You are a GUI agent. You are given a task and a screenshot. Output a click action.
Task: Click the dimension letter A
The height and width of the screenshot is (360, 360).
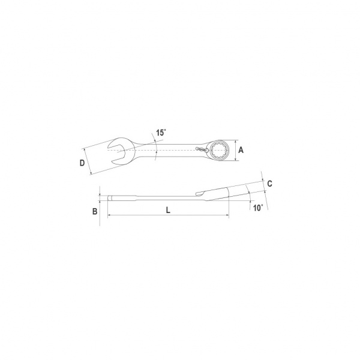241,150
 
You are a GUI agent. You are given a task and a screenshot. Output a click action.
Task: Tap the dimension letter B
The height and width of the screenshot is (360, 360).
95,211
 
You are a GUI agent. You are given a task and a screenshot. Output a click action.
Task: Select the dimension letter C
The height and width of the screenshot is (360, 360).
270,184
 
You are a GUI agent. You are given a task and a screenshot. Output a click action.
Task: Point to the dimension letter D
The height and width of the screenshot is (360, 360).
82,163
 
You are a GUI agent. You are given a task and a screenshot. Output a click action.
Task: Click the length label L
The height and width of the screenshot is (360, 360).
168,210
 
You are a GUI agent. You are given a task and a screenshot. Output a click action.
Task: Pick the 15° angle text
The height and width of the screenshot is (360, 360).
161,133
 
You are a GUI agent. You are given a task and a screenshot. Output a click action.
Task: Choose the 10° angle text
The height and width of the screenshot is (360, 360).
258,208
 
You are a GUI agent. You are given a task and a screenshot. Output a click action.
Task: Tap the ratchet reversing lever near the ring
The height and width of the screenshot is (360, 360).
202,149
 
